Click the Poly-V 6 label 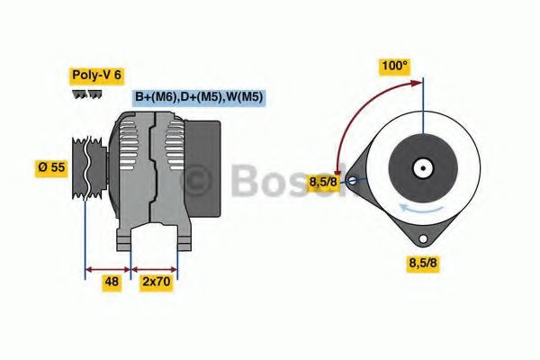pyautogui.click(x=95, y=76)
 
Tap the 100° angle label pyautogui.click(x=393, y=66)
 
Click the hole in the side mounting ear pyautogui.click(x=353, y=180)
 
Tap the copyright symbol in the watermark pyautogui.click(x=195, y=182)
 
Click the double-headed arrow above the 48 pyautogui.click(x=107, y=267)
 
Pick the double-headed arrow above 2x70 pyautogui.click(x=154, y=267)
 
